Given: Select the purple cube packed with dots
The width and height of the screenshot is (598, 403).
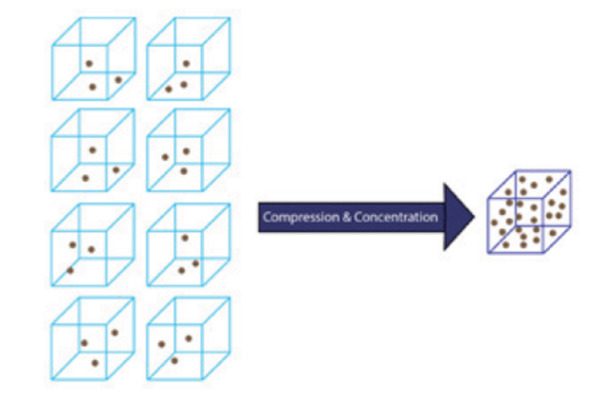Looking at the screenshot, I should pos(529,211).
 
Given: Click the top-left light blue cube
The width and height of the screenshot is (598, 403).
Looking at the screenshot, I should pos(93,60).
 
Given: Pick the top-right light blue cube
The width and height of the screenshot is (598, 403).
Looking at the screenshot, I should pos(188,60).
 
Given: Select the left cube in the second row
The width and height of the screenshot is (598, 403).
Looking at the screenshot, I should pos(93,151).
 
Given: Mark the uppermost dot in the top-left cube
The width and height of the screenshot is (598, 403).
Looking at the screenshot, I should pos(89,63).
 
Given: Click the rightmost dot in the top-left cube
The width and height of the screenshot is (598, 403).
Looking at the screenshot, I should pos(118,79).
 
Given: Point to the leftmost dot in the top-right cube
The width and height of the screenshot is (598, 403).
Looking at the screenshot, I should pos(168,89).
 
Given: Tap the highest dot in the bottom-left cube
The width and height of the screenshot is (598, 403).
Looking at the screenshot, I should pos(115,332).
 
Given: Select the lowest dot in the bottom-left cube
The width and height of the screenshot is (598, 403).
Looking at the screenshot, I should pos(95,363).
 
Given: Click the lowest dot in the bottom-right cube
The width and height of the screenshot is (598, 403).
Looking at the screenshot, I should pos(174,361).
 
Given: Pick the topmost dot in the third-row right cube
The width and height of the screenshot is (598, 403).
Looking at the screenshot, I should pos(185,237).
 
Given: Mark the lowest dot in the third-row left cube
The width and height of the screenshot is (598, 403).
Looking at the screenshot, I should pos(70,270).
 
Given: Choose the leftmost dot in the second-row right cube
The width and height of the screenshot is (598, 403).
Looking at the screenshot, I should pos(165,156).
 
